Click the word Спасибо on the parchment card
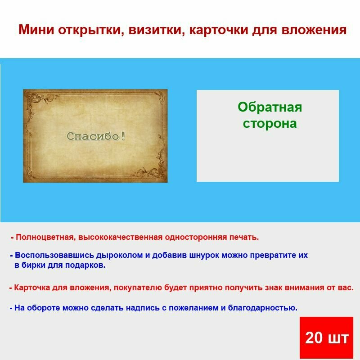[94, 136]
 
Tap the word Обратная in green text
[270, 107]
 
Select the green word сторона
[270, 123]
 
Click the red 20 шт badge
[326, 337]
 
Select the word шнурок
[201, 255]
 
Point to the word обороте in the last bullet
[45, 308]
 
